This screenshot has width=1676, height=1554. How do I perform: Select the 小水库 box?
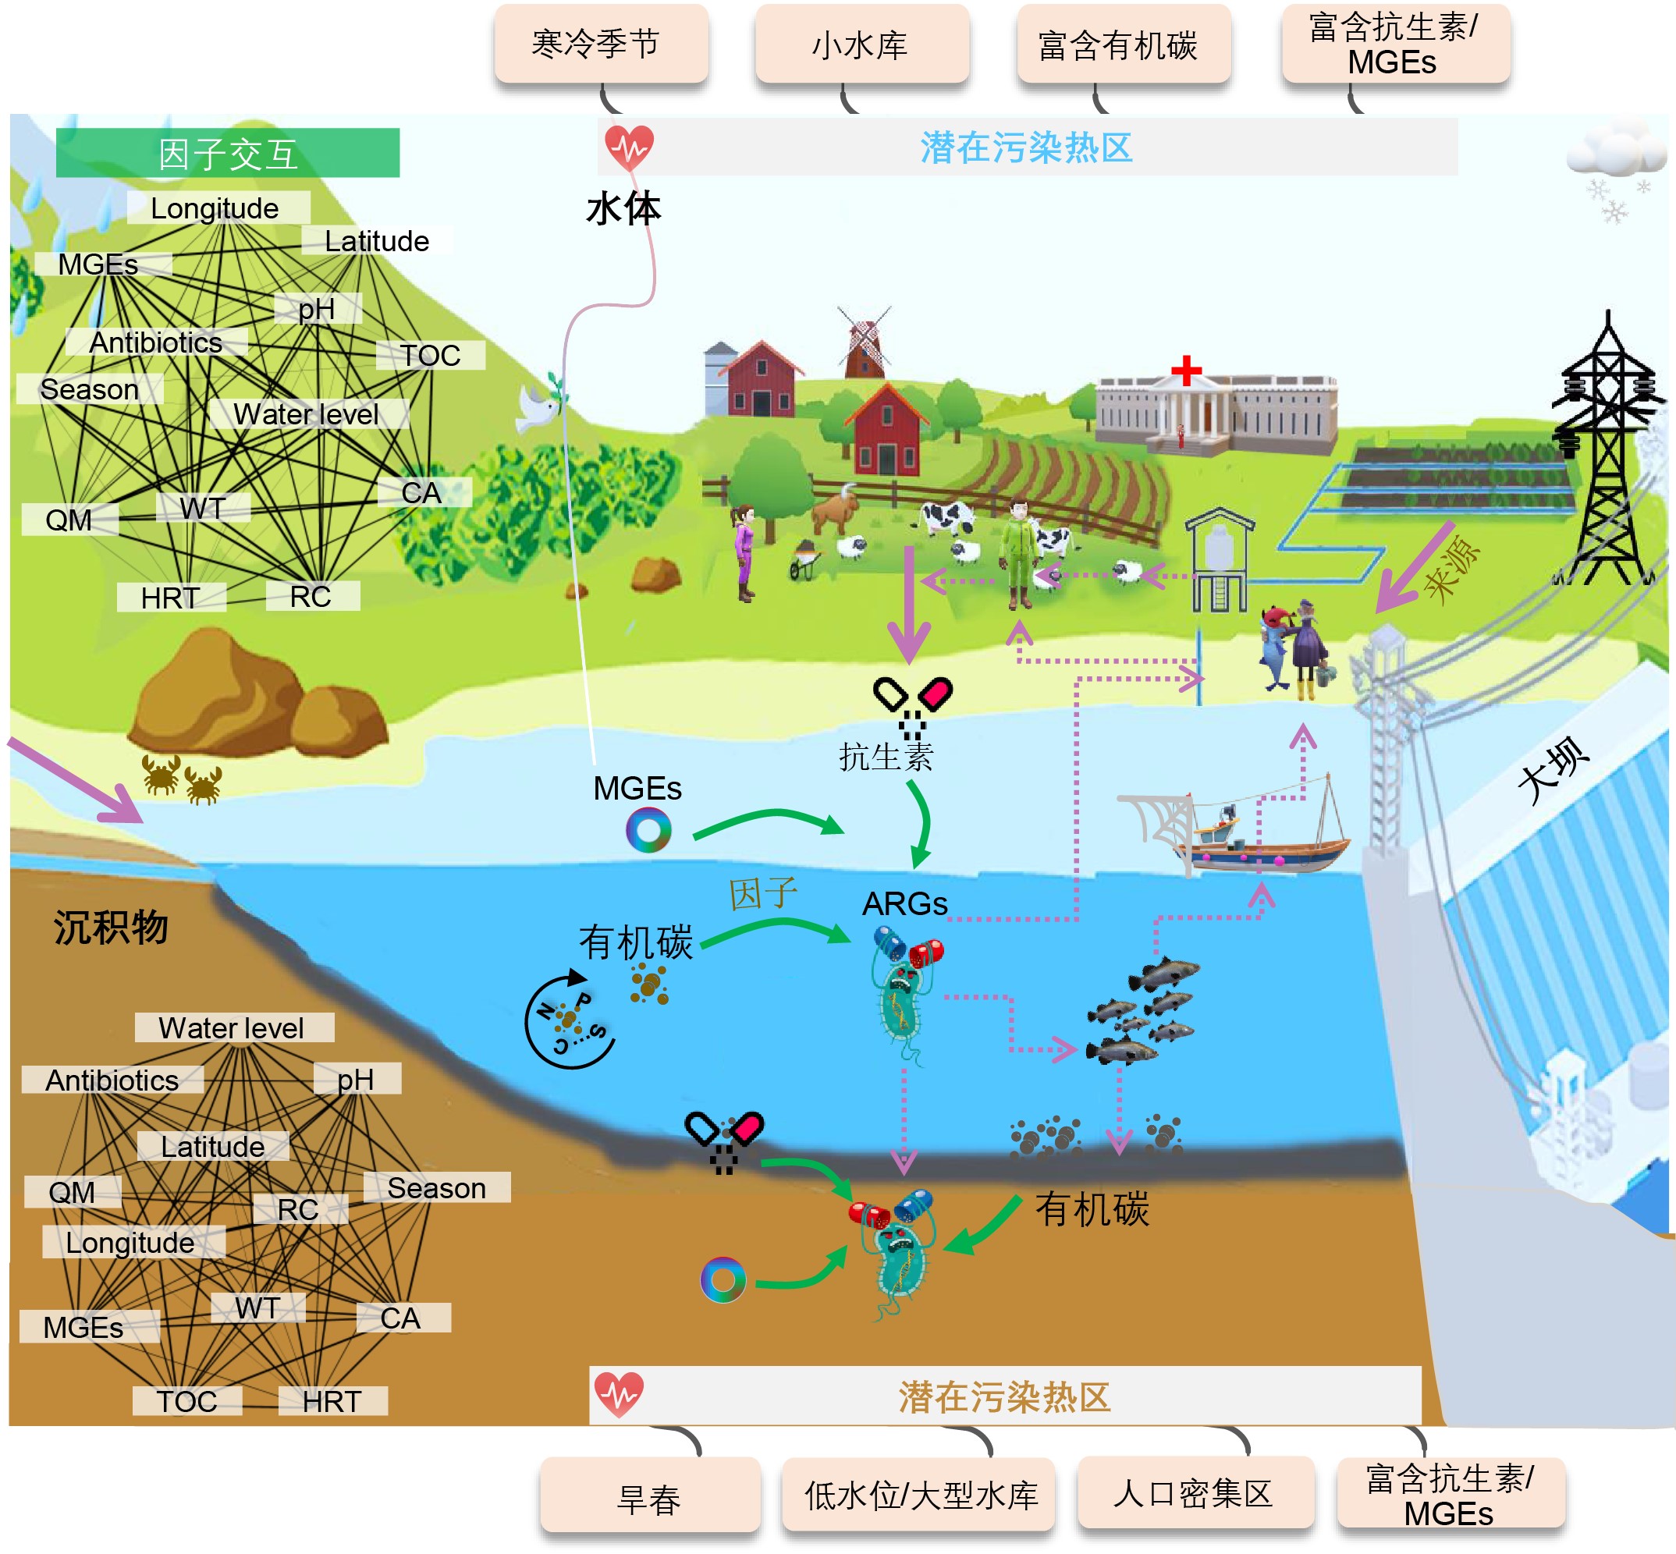pyautogui.click(x=861, y=44)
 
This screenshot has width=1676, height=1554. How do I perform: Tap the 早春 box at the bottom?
pyautogui.click(x=649, y=1499)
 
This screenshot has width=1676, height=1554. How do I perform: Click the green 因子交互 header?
pyautogui.click(x=228, y=153)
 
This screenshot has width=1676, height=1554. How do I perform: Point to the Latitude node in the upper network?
pyautogui.click(x=377, y=241)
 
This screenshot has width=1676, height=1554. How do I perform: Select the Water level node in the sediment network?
pyautogui.click(x=232, y=1027)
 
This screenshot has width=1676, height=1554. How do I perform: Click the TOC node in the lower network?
pyautogui.click(x=186, y=1401)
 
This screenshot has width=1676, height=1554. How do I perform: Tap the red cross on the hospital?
pyautogui.click(x=1186, y=370)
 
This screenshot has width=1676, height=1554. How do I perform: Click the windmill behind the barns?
pyautogui.click(x=864, y=341)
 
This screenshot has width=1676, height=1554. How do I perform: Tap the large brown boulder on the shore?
pyautogui.click(x=218, y=694)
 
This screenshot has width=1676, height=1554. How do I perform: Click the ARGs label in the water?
pyautogui.click(x=905, y=904)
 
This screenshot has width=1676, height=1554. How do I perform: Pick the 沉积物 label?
pyautogui.click(x=111, y=928)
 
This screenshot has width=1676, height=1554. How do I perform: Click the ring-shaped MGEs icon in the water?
pyautogui.click(x=648, y=830)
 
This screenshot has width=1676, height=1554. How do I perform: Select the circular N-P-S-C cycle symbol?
pyautogui.click(x=570, y=1020)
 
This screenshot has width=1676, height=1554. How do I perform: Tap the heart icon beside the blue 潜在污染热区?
pyautogui.click(x=629, y=147)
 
